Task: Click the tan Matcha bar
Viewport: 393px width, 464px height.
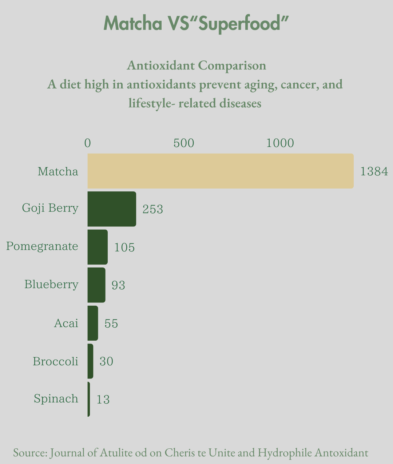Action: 221,171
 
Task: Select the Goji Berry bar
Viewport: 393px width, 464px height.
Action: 112,209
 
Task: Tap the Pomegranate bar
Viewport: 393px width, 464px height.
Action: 98,247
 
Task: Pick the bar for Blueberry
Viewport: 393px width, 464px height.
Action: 96,285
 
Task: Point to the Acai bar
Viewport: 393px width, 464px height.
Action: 93,323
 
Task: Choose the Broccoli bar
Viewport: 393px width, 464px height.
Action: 90,361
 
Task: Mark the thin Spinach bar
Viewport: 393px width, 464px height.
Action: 89,399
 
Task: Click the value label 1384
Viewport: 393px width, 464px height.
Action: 374,171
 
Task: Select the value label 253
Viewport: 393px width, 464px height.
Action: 152,209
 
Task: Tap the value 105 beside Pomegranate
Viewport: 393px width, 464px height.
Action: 124,247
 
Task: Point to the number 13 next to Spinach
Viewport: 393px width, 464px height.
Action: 103,400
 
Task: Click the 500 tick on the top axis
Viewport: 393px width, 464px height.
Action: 184,143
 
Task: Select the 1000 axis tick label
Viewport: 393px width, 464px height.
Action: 280,143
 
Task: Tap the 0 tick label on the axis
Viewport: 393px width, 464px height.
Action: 88,143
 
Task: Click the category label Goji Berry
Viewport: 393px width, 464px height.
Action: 50,208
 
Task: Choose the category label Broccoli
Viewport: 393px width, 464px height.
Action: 55,361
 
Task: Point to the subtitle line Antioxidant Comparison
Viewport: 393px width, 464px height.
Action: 196,66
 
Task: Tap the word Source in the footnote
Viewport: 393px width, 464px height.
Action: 30,453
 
